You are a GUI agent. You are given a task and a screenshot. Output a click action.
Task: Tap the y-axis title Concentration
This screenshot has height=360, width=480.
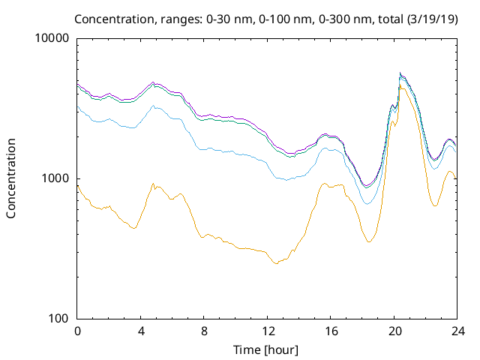point(11,178)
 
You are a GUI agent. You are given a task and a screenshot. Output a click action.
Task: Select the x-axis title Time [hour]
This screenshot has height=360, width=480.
point(267,349)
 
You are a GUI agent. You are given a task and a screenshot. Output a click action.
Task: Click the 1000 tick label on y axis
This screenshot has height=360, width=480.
point(57,178)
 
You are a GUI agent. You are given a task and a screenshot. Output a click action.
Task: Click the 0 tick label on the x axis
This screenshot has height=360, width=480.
point(77,331)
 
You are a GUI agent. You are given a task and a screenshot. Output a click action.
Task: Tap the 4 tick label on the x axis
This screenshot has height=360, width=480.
point(141,331)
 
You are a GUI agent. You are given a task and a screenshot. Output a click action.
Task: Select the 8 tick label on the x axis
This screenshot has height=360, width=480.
point(204,331)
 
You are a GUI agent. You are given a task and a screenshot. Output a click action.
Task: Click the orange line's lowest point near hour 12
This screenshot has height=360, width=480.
point(276,263)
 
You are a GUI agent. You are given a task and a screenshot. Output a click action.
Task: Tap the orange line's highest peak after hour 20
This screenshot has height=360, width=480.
point(402,88)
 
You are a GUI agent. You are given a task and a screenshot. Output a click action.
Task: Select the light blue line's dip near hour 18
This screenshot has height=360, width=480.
point(367,203)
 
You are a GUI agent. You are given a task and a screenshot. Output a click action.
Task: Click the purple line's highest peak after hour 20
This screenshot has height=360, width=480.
point(400,73)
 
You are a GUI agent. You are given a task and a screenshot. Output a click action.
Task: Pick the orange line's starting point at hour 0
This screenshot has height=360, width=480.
point(78,185)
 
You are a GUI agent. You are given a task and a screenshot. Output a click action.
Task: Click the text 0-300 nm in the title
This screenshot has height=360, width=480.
point(301,19)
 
